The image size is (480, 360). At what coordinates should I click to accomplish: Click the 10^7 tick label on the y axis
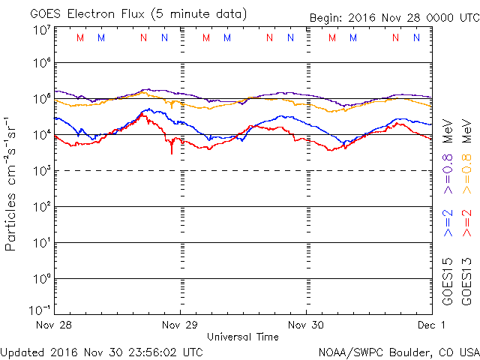pyautogui.click(x=41, y=29)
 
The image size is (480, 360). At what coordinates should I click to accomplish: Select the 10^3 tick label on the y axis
pyautogui.click(x=41, y=170)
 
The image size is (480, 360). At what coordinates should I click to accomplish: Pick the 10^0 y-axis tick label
pyautogui.click(x=41, y=278)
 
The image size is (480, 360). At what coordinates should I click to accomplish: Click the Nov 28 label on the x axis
pyautogui.click(x=55, y=325)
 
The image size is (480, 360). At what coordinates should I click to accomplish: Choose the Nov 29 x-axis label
pyautogui.click(x=180, y=325)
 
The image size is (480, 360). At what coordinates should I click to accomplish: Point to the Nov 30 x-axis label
pyautogui.click(x=306, y=325)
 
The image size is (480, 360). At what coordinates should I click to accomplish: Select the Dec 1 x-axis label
pyautogui.click(x=431, y=325)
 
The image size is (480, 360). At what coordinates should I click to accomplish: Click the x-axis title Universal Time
pyautogui.click(x=242, y=337)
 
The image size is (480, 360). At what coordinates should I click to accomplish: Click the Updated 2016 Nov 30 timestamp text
pyautogui.click(x=101, y=351)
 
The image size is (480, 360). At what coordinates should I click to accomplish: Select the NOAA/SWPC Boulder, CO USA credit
pyautogui.click(x=397, y=351)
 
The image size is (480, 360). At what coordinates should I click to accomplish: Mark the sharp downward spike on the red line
pyautogui.click(x=172, y=152)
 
